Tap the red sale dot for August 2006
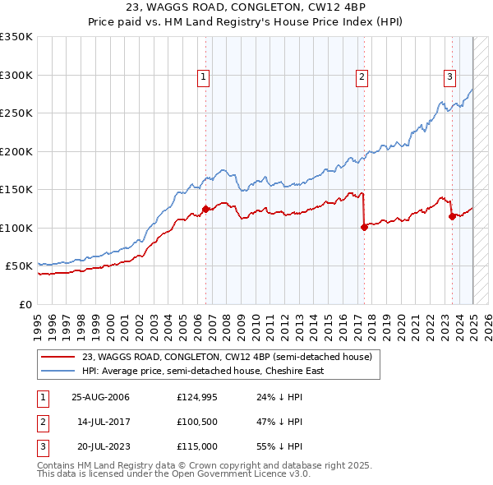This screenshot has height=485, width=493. pyautogui.click(x=205, y=209)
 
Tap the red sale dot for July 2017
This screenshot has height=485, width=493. pyautogui.click(x=363, y=228)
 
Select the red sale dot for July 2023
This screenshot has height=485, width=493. pyautogui.click(x=452, y=216)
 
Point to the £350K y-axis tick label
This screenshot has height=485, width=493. pyautogui.click(x=16, y=37)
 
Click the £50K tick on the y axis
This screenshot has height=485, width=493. pyautogui.click(x=20, y=266)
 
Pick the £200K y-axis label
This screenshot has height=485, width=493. pyautogui.click(x=16, y=151)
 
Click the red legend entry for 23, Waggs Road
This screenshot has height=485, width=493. pyautogui.click(x=227, y=357)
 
